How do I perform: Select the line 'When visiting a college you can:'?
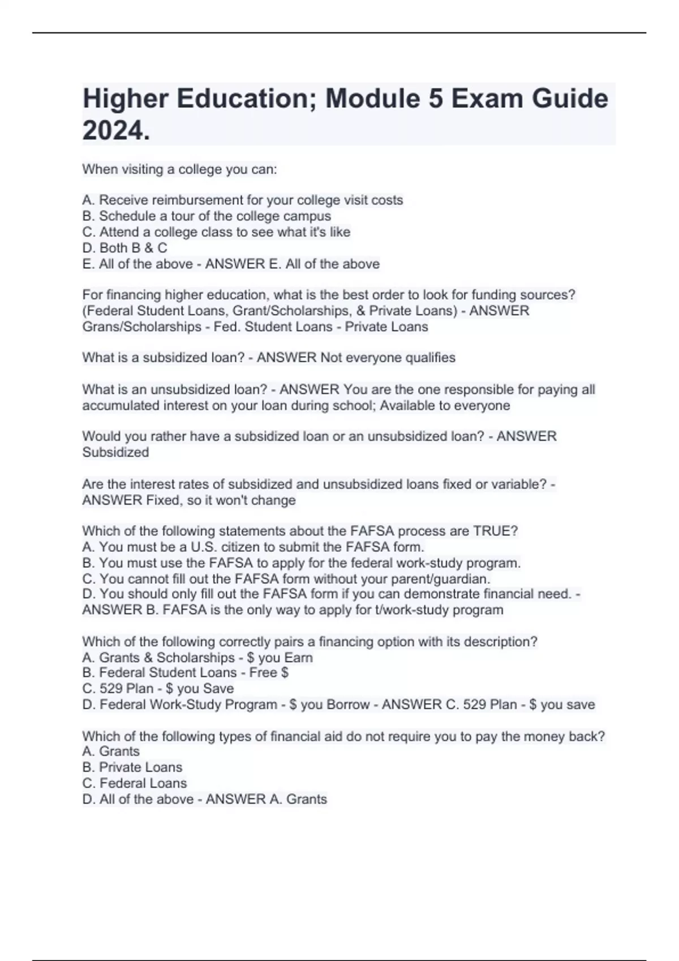point(179,169)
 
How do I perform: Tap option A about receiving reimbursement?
point(242,200)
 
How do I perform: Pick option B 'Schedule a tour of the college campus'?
point(207,216)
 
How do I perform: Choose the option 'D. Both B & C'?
point(124,248)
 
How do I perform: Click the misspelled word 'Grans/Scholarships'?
point(141,327)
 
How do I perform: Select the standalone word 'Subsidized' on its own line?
point(115,452)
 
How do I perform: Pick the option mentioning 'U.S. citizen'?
point(253,547)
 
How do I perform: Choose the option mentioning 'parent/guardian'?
point(286,579)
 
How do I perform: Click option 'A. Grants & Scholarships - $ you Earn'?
point(197,657)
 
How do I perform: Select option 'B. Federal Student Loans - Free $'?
point(185,673)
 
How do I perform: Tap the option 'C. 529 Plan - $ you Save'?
point(158,689)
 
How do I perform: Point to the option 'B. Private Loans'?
point(132,767)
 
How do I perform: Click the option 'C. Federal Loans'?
point(134,783)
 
